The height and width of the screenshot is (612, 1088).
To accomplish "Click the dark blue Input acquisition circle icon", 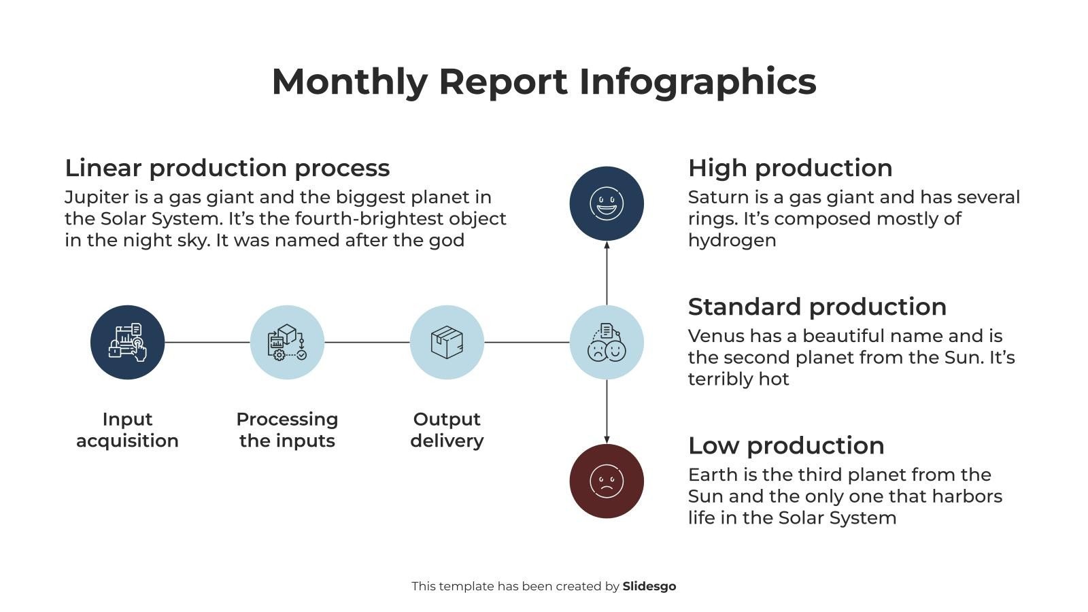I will click(127, 342).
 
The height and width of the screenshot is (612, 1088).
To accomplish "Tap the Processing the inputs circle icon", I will click(287, 342).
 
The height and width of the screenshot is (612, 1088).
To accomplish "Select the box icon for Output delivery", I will click(447, 342).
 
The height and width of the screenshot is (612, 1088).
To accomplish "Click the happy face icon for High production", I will click(607, 203).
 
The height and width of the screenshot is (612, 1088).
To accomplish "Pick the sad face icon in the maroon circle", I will click(607, 481).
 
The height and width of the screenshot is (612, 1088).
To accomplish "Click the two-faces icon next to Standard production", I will click(607, 342).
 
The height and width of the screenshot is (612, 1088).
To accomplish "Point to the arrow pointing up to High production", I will click(607, 272).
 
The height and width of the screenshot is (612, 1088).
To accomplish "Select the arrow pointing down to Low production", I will click(607, 412).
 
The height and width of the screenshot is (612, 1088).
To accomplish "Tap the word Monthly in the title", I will click(349, 82).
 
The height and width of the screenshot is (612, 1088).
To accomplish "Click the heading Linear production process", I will click(227, 168).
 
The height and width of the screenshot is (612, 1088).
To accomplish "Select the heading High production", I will click(790, 168).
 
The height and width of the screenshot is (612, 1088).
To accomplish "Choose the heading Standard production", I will click(817, 307).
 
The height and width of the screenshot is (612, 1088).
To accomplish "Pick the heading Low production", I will click(786, 445).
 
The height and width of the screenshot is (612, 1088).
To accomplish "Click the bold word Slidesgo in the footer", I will click(649, 586).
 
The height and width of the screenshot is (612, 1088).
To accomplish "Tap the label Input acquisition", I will click(127, 430).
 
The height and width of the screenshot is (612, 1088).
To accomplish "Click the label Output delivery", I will click(447, 430).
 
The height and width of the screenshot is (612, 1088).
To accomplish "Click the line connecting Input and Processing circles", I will click(207, 342).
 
